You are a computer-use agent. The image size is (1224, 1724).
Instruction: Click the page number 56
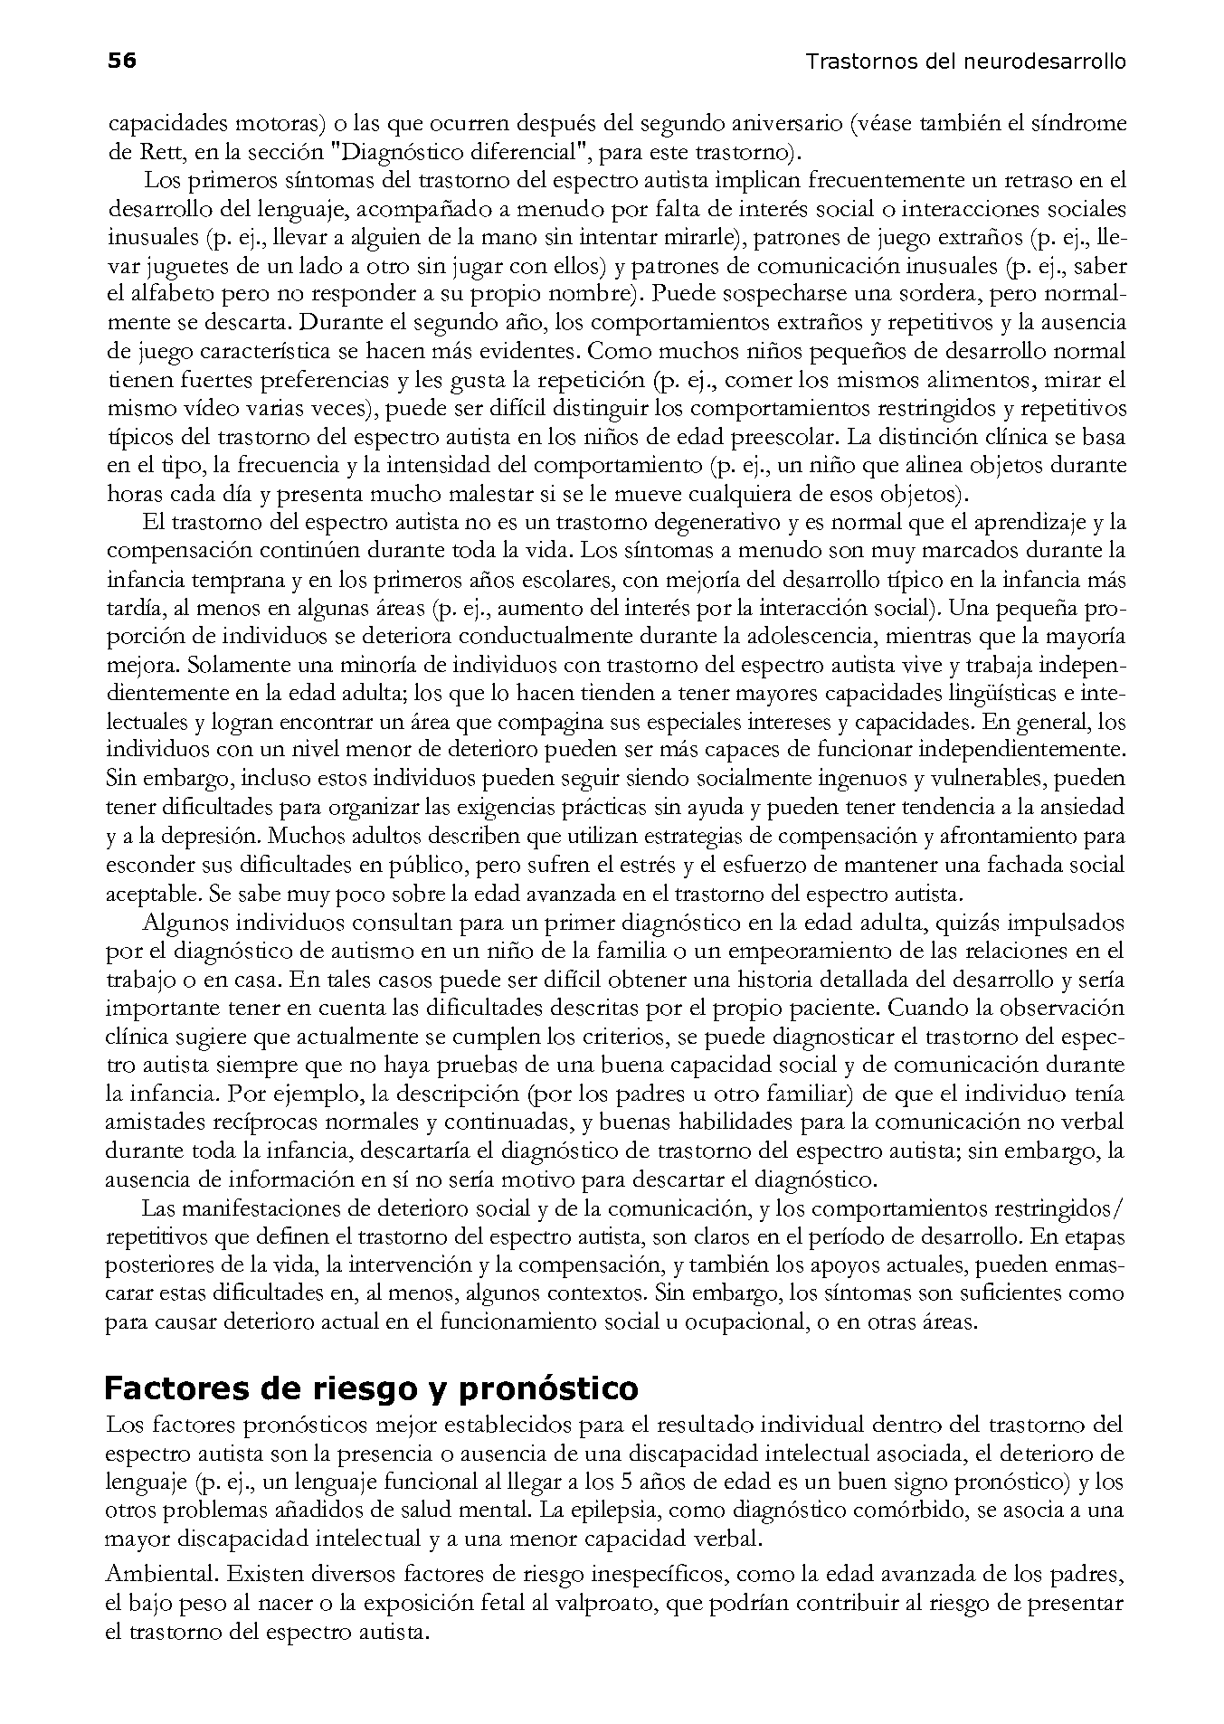121,61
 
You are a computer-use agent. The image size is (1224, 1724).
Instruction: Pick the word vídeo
204,408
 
